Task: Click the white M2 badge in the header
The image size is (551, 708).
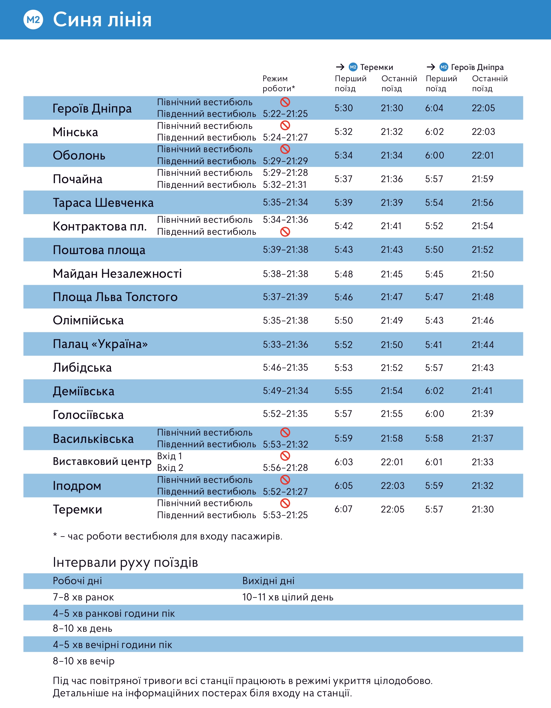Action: [33, 20]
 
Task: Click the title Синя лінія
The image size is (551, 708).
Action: [102, 20]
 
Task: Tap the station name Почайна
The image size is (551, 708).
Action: [78, 179]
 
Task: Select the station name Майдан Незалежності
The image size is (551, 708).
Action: [117, 274]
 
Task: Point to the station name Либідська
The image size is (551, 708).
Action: [82, 368]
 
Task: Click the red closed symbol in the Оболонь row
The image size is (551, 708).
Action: [285, 149]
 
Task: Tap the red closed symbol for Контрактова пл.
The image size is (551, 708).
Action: [285, 232]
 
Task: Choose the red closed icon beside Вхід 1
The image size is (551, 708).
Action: [285, 456]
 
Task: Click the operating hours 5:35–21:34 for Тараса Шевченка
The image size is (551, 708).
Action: [285, 202]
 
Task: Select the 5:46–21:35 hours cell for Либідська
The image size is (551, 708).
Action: [285, 368]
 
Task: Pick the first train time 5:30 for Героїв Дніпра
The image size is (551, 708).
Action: [343, 108]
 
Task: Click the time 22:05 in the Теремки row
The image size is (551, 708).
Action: [392, 509]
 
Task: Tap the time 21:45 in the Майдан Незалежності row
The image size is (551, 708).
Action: [392, 274]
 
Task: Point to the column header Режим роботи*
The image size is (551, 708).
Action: [278, 84]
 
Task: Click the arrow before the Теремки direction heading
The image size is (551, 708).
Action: [340, 67]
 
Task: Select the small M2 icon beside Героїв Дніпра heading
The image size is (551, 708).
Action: [444, 67]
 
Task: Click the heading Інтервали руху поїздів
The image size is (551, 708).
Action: [125, 562]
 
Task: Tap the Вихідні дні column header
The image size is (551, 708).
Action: [268, 581]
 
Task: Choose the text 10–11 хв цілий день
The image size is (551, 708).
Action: [287, 597]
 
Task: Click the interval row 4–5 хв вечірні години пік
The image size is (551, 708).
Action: [112, 645]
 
